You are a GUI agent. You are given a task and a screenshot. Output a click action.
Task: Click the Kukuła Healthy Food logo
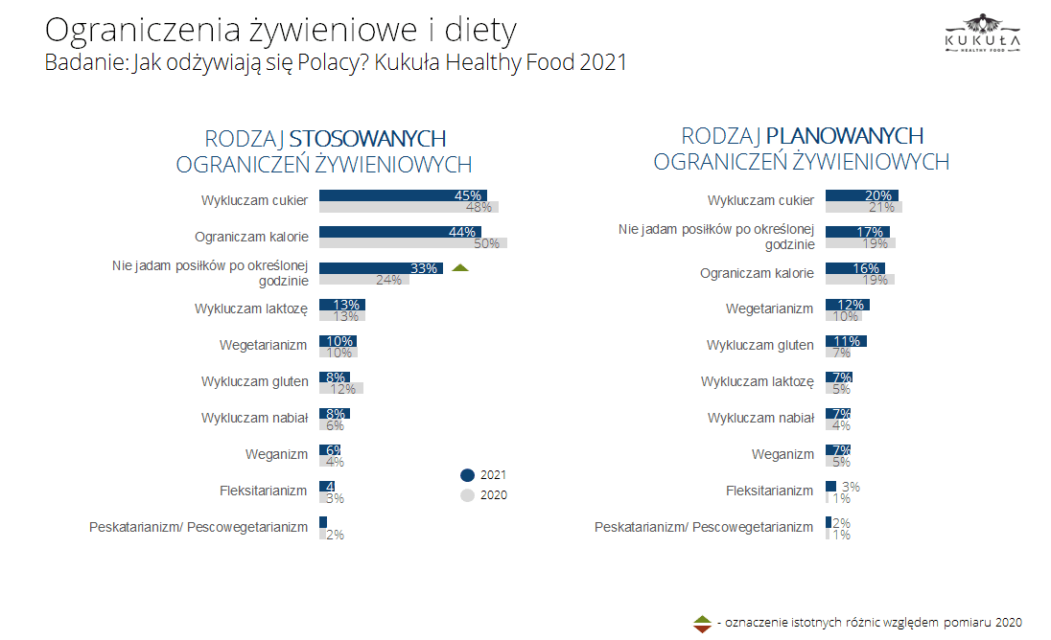(x=981, y=34)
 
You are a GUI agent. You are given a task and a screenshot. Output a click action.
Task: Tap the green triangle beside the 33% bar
(x=459, y=268)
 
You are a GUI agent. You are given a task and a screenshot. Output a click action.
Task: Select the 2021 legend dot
(x=468, y=474)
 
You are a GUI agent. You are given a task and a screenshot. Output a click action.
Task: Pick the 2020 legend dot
(x=468, y=495)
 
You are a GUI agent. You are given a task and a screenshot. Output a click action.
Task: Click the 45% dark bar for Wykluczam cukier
(x=403, y=195)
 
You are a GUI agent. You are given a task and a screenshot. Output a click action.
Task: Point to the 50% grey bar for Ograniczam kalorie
(x=412, y=243)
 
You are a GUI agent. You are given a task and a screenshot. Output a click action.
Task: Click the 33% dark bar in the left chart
(x=381, y=268)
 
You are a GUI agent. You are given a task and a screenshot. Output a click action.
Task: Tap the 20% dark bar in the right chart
(x=861, y=195)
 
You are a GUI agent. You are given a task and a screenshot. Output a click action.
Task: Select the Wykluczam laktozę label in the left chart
(x=251, y=309)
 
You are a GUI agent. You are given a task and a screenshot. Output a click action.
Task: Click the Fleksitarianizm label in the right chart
(x=769, y=491)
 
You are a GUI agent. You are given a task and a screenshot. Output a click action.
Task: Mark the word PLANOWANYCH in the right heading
(x=845, y=136)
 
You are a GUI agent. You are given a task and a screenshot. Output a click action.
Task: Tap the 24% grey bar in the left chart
(x=363, y=280)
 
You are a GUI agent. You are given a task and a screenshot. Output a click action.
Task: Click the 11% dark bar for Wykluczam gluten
(x=846, y=341)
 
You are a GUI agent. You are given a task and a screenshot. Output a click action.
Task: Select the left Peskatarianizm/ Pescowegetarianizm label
(x=199, y=527)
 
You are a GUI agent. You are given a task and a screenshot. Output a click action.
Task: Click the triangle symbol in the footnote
(x=702, y=623)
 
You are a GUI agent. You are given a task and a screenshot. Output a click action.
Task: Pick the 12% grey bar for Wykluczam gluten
(x=340, y=388)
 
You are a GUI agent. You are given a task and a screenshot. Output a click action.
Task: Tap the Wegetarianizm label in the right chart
(x=770, y=309)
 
